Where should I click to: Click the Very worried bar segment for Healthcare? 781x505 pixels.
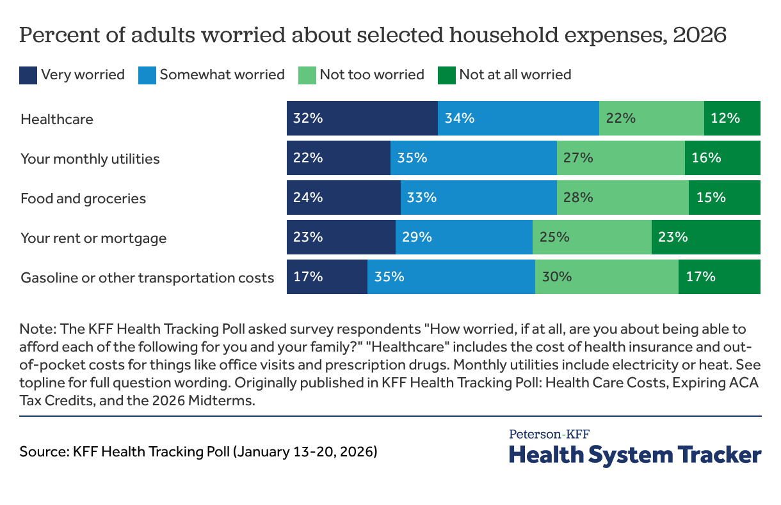click(362, 118)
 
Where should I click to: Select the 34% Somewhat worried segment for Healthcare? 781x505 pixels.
click(518, 118)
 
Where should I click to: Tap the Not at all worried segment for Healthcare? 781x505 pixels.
click(732, 118)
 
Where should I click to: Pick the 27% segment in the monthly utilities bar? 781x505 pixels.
click(620, 158)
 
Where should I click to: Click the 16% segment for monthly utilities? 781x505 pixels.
click(722, 158)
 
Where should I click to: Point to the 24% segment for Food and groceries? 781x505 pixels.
click(343, 198)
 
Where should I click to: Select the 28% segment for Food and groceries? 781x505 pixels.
click(622, 198)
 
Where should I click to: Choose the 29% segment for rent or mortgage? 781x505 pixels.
click(463, 237)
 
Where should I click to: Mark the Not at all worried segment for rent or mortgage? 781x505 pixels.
click(705, 237)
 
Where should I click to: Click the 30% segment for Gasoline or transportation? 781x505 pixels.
click(606, 277)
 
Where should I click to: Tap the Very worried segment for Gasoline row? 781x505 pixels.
click(326, 277)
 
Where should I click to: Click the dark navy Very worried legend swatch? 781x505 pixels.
click(28, 75)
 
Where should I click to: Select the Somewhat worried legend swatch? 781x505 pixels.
click(147, 75)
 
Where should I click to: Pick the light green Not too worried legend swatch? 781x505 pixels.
click(307, 75)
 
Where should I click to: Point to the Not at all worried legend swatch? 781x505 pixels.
click(446, 75)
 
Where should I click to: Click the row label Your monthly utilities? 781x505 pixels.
click(90, 159)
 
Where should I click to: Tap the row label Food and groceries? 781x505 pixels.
click(83, 198)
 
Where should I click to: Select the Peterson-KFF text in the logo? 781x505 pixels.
click(549, 434)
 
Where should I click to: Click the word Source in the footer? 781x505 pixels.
click(44, 452)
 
